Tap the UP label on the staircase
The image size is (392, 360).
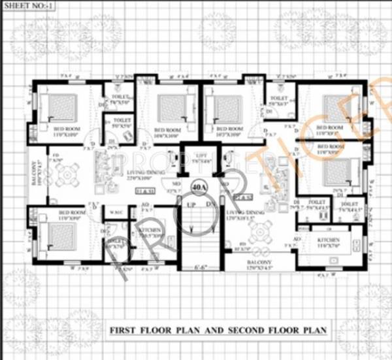click(x=191, y=205)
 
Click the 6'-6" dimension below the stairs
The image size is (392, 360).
click(x=201, y=267)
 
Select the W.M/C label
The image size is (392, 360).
click(x=116, y=211)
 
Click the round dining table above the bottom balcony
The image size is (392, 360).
click(x=262, y=230)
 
